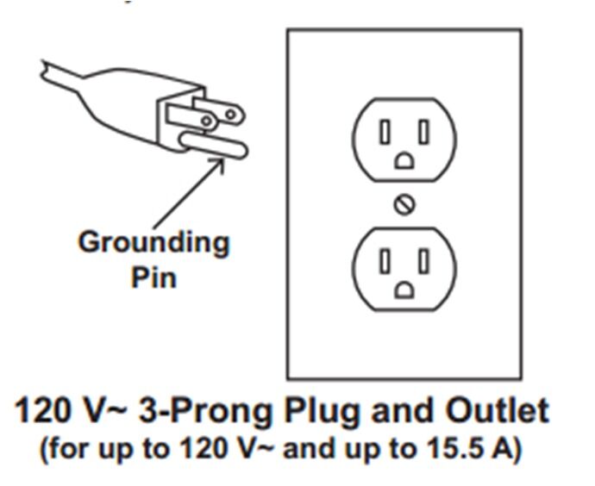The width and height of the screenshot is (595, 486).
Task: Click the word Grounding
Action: pyautogui.click(x=153, y=244)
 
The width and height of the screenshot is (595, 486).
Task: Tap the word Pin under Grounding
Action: pyautogui.click(x=153, y=277)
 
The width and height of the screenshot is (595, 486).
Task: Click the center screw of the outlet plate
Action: pyautogui.click(x=404, y=205)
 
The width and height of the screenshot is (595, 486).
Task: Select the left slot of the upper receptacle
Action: pyautogui.click(x=385, y=132)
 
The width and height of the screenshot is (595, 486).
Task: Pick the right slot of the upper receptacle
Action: pyautogui.click(x=424, y=132)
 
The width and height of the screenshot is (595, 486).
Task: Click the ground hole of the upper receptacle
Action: pyautogui.click(x=404, y=161)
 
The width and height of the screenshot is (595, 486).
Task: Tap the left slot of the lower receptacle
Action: pyautogui.click(x=385, y=261)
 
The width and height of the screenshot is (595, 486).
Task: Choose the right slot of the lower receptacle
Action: pyautogui.click(x=424, y=261)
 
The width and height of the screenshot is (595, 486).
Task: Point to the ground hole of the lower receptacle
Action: pyautogui.click(x=404, y=290)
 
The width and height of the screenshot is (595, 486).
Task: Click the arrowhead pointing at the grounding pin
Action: pyautogui.click(x=217, y=165)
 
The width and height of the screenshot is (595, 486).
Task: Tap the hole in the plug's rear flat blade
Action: pyautogui.click(x=230, y=114)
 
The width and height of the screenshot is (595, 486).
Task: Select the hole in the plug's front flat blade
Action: pyautogui.click(x=206, y=121)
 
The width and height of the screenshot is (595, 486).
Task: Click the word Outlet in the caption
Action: pyautogui.click(x=497, y=410)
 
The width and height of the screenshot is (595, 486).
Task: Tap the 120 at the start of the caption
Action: pyautogui.click(x=42, y=410)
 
